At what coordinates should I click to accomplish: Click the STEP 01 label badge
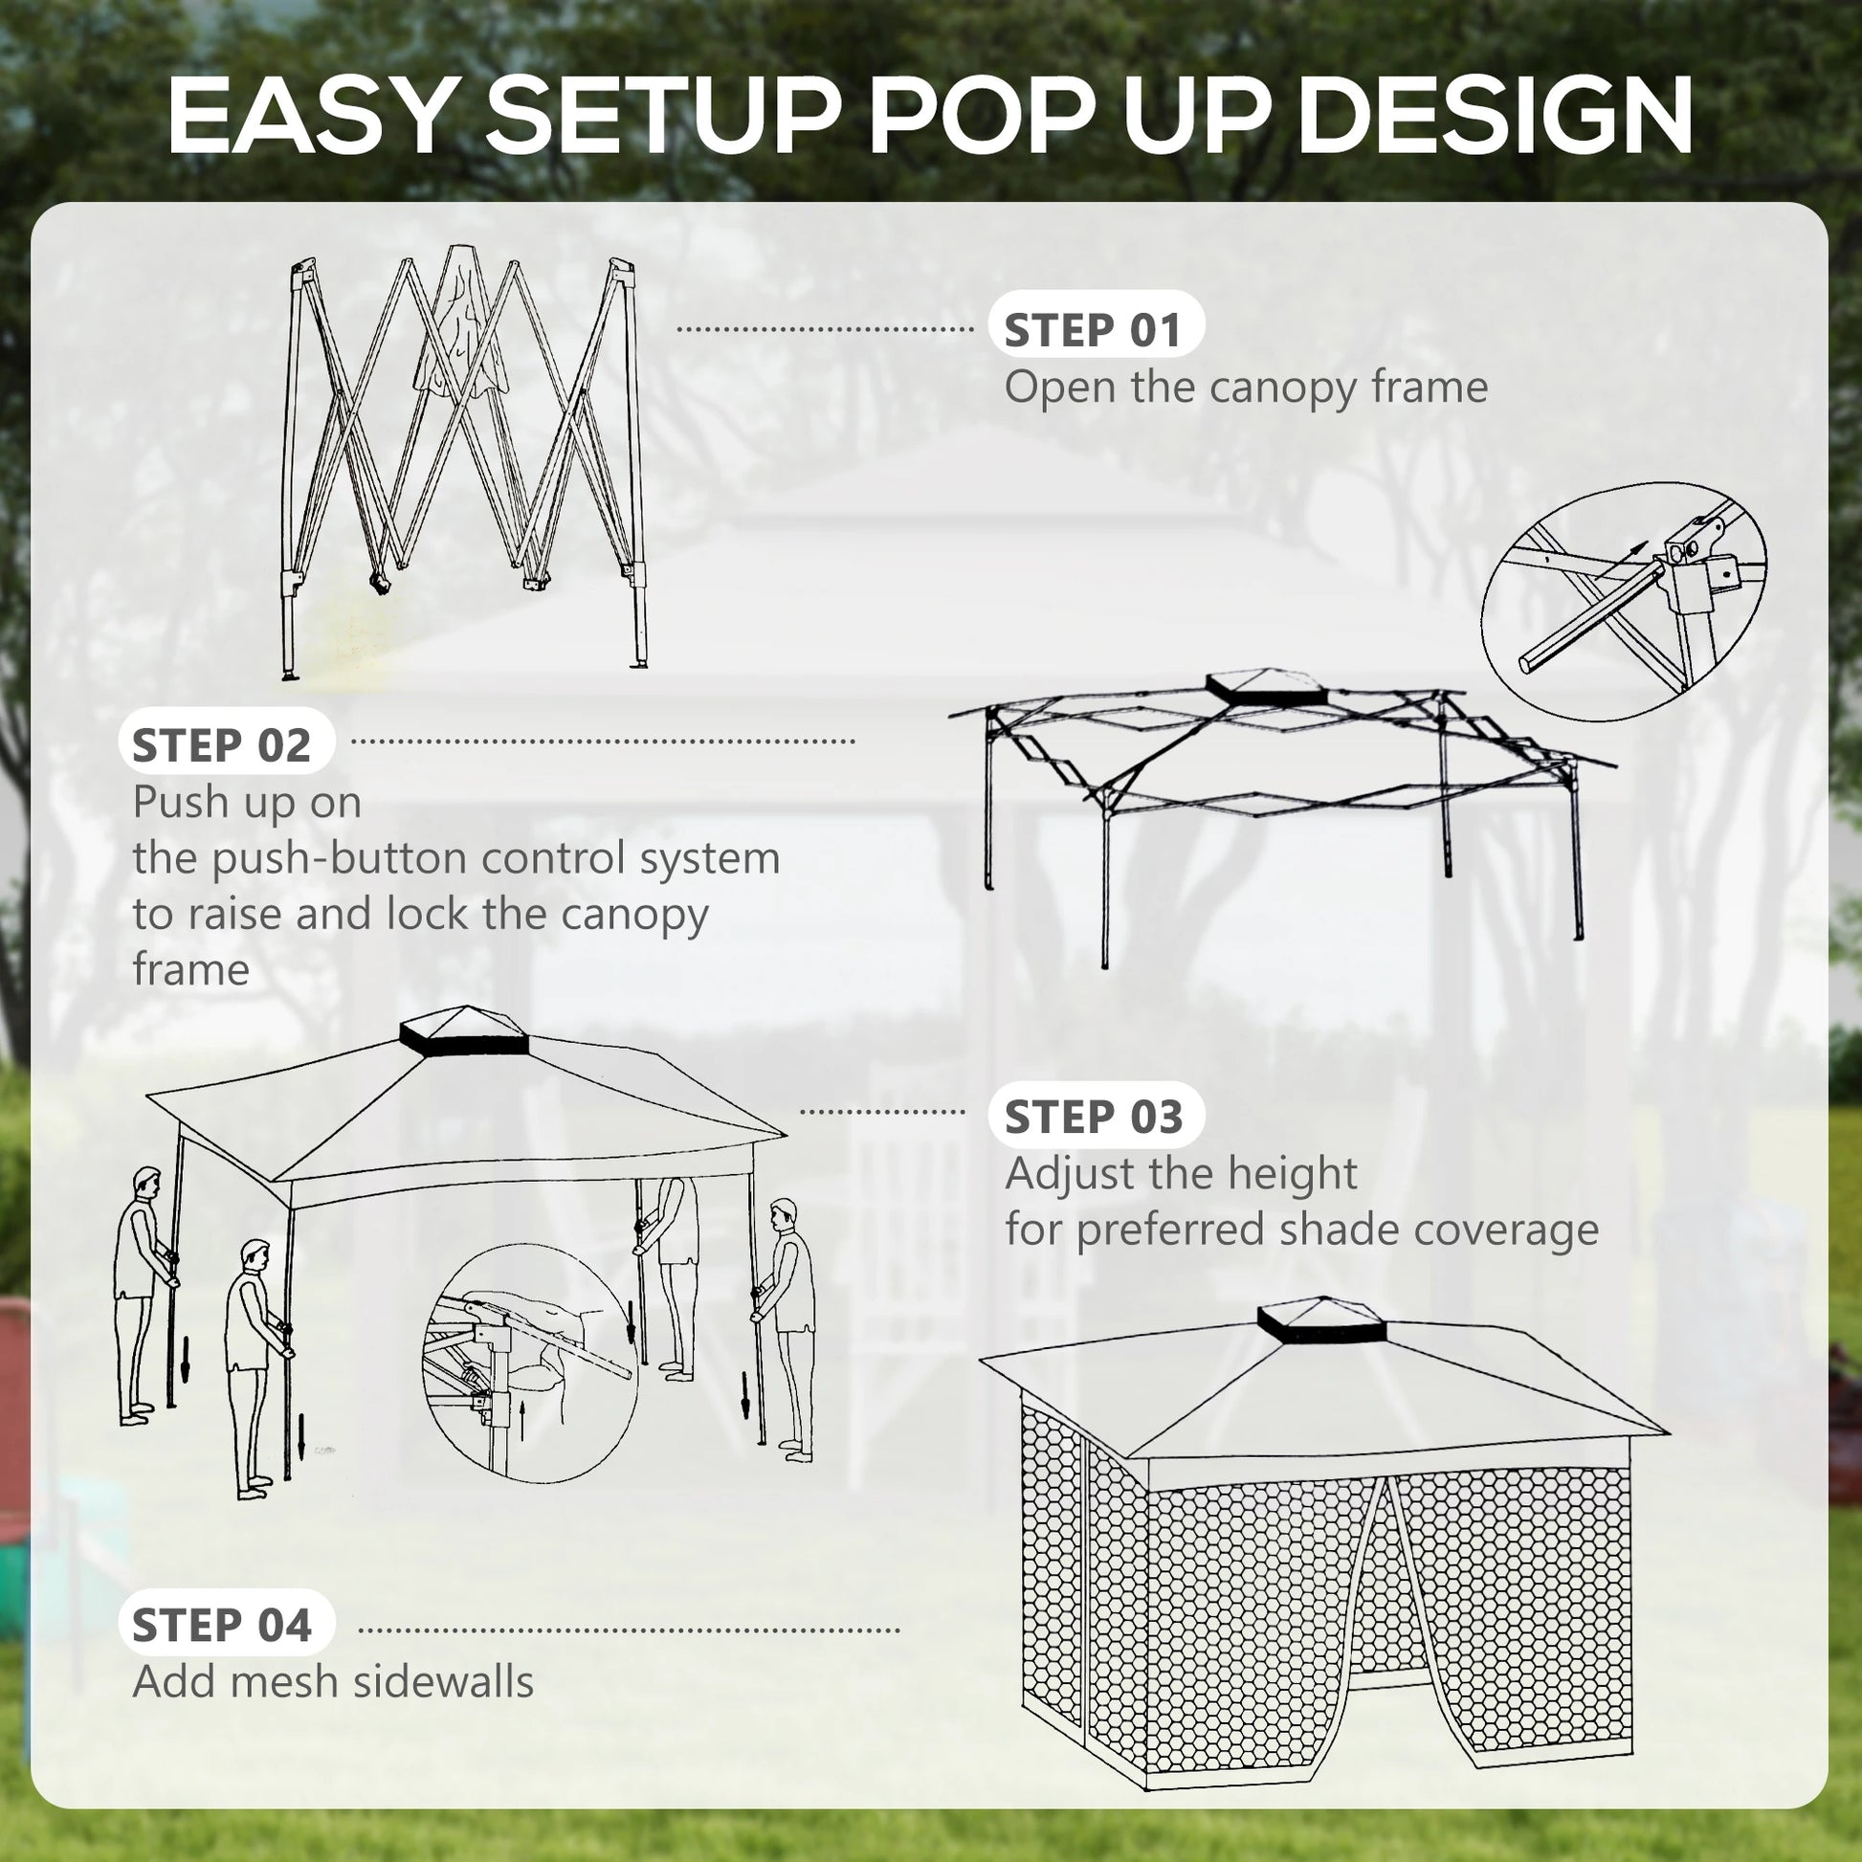(1095, 330)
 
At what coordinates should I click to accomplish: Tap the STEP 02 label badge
(224, 745)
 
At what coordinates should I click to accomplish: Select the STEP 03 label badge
(1095, 1117)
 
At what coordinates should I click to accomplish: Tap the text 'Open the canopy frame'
(1245, 388)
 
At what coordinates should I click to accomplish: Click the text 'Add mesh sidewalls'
(333, 1682)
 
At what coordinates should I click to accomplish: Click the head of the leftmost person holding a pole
(146, 1182)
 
